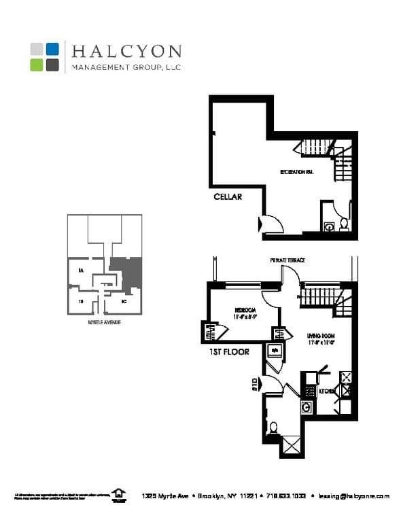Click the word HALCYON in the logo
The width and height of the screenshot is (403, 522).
(126, 52)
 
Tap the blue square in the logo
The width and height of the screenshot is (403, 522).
(53, 49)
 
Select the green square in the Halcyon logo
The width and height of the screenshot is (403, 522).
(37, 65)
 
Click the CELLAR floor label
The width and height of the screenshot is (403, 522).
(228, 197)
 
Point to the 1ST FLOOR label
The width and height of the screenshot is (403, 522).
(228, 352)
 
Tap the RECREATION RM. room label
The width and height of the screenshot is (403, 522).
(297, 172)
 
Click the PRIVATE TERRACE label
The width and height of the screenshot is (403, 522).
(287, 260)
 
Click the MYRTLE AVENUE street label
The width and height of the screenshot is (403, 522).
(104, 321)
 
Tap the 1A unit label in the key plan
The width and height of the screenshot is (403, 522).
(80, 271)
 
